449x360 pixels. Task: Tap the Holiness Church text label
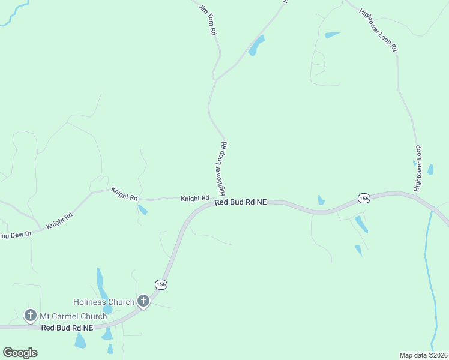pos(104,302)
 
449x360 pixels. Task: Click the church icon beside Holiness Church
pos(143,301)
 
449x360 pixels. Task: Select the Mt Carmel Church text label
pos(73,316)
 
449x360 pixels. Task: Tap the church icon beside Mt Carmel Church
pos(31,315)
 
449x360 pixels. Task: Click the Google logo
pos(20,353)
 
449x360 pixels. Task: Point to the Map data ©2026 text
pos(423,355)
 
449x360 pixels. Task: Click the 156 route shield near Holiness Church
pos(160,284)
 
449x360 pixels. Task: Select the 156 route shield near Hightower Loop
pos(363,198)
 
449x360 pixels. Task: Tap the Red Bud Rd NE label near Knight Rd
pos(240,203)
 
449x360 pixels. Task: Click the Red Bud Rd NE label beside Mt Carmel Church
pos(67,328)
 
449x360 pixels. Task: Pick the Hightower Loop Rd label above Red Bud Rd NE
pos(223,169)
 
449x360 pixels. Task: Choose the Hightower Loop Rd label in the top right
pos(378,29)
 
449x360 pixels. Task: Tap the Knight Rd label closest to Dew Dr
pos(59,220)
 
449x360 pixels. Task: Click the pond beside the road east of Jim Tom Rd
pos(257,46)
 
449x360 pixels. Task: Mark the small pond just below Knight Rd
pos(143,209)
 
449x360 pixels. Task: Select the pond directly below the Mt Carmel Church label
pos(80,340)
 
